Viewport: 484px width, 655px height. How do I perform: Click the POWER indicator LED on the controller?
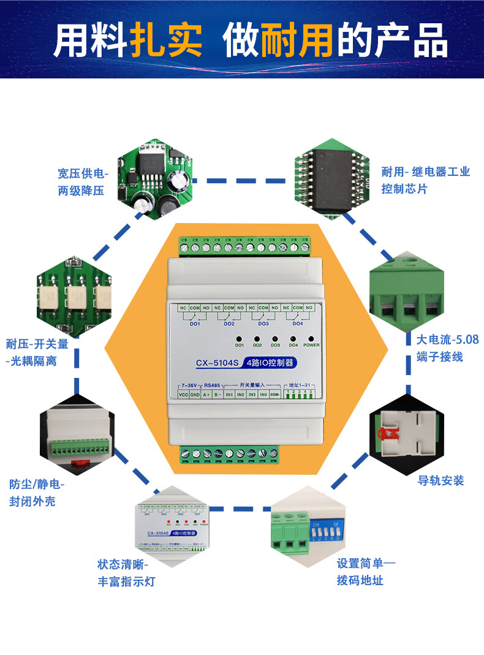click(x=311, y=338)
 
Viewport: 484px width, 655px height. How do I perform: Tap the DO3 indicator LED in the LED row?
click(x=275, y=338)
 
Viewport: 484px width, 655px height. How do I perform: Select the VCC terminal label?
click(x=183, y=395)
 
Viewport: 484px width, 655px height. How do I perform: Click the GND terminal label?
click(x=195, y=395)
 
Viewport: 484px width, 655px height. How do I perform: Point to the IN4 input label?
click(x=263, y=395)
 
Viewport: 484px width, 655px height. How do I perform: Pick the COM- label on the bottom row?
click(x=275, y=395)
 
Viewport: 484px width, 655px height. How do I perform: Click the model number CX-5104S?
click(x=216, y=363)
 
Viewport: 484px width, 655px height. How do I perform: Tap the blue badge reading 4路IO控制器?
click(x=270, y=362)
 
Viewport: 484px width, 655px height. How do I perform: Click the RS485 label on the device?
click(x=211, y=385)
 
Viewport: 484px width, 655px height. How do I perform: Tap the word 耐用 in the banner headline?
click(x=297, y=41)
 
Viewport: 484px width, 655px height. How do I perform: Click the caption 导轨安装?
click(x=441, y=480)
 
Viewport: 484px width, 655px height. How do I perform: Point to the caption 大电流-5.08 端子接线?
click(x=439, y=347)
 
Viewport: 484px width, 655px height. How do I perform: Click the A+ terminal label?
click(x=206, y=395)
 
